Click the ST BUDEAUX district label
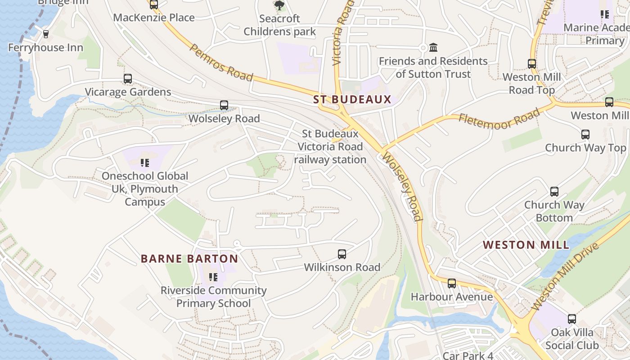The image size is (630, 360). point(352,99)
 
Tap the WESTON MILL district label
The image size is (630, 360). point(526,245)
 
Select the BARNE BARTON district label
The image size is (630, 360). point(189,259)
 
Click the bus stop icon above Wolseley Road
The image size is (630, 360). point(224,105)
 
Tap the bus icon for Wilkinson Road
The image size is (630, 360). point(342,254)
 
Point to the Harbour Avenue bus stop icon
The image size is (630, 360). point(452,283)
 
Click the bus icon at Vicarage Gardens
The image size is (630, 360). point(128,79)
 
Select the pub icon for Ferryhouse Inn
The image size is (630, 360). point(45,34)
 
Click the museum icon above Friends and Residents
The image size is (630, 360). point(433,47)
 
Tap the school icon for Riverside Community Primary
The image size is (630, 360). point(213,277)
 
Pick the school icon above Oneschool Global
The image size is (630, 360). point(144,162)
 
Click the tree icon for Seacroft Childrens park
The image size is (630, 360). point(279,5)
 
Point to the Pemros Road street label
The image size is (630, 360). point(221,63)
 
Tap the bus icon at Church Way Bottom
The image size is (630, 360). point(554,192)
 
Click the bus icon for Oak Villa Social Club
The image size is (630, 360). point(572,319)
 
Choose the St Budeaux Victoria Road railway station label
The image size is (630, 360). point(330,147)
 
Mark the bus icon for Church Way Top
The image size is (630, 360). point(585,134)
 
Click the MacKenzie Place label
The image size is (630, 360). point(154,18)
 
